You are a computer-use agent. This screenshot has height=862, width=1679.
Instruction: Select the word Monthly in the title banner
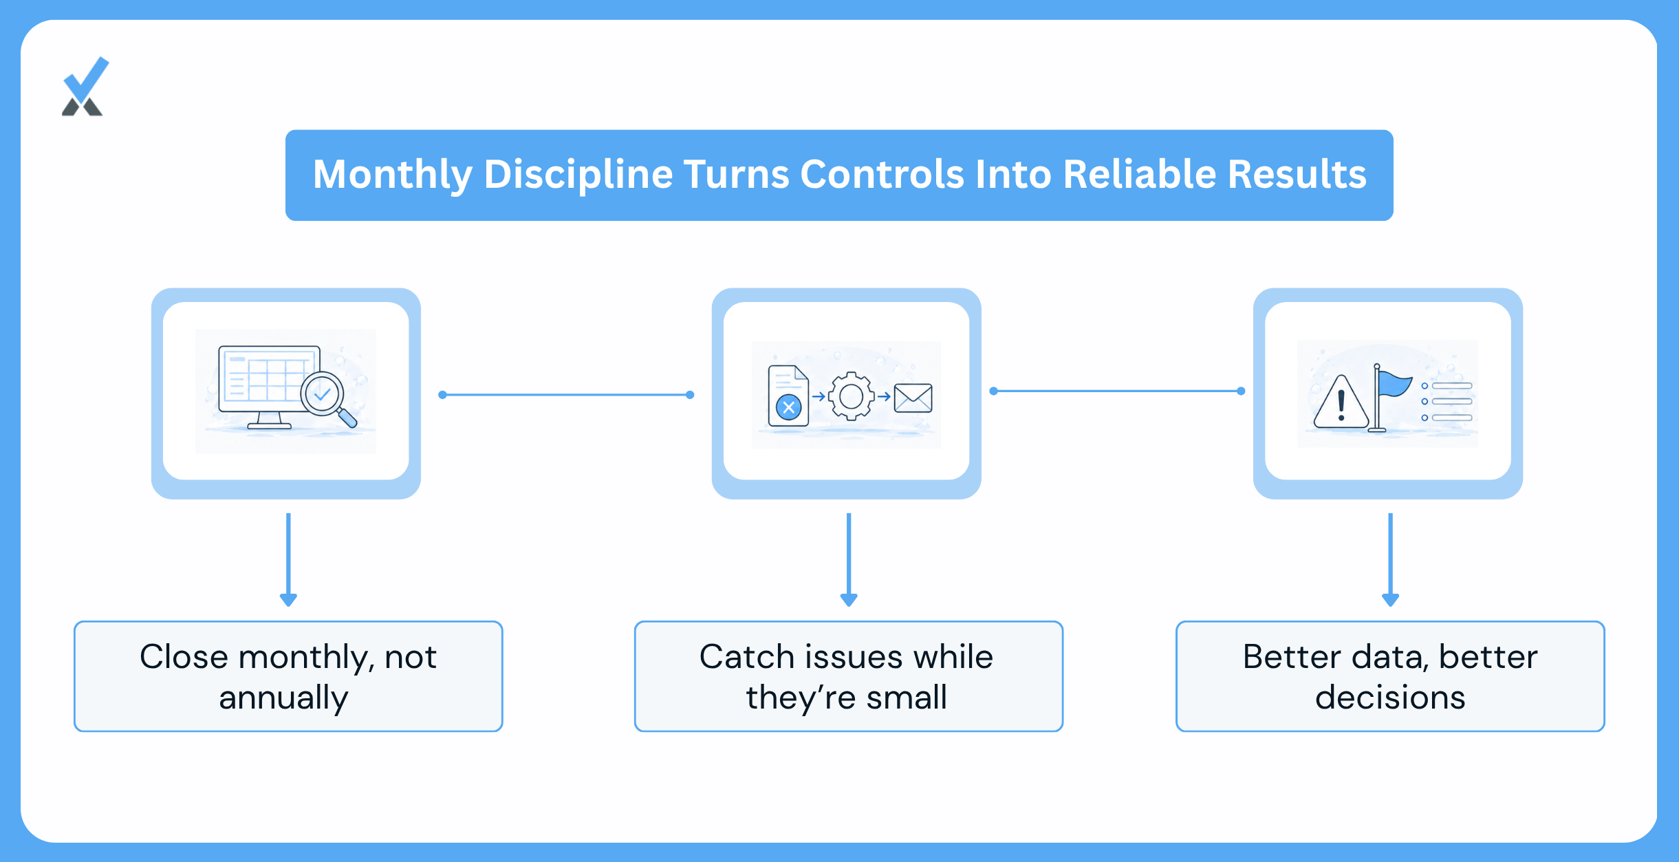[392, 174]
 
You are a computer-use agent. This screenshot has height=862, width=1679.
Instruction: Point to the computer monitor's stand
[269, 420]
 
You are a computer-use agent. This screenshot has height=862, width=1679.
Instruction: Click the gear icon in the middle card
[852, 396]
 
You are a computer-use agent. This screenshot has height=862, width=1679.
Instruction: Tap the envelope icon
[913, 398]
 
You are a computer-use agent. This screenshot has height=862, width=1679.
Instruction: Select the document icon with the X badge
[788, 396]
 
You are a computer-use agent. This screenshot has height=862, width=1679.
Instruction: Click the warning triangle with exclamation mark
[1341, 402]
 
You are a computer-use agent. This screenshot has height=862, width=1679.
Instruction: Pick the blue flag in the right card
[1390, 398]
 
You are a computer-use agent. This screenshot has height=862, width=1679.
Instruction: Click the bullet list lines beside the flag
[1447, 402]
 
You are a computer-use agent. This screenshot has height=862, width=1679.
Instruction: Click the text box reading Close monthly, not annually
[288, 676]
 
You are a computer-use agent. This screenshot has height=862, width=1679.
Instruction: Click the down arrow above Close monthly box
[288, 559]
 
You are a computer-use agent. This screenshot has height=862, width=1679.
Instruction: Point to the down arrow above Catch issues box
[849, 559]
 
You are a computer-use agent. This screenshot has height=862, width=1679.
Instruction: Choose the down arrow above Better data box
[1390, 559]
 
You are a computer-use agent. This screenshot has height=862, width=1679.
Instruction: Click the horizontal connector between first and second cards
[566, 395]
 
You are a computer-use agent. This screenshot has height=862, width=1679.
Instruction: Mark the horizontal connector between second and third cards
[1117, 391]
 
